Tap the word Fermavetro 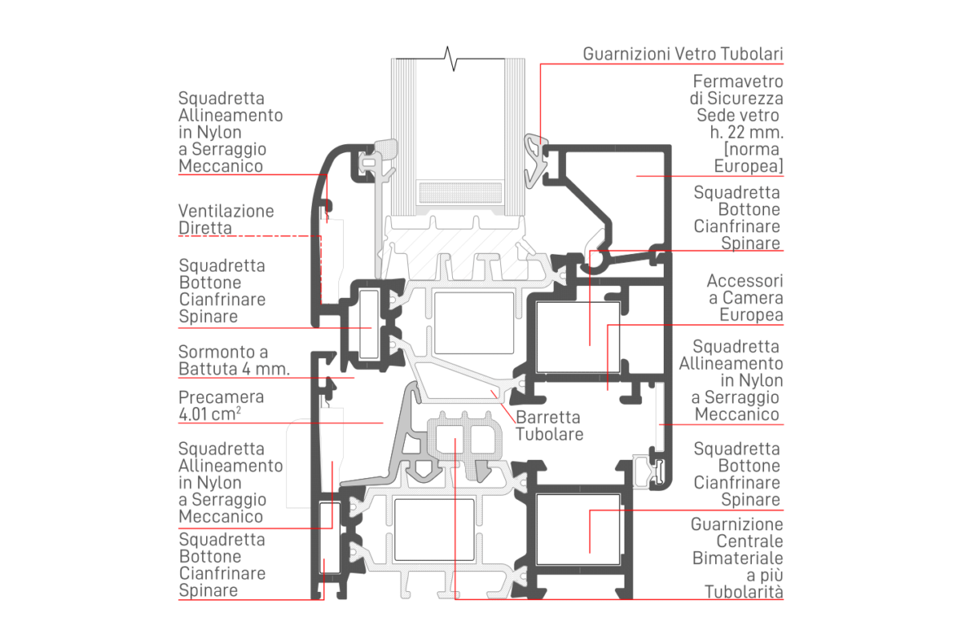738,82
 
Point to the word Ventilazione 226,211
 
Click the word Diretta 205,228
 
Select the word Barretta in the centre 549,418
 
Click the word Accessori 745,281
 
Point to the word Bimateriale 738,558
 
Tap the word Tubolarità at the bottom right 743,593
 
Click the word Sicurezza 746,99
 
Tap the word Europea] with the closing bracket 748,166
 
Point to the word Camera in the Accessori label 755,298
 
